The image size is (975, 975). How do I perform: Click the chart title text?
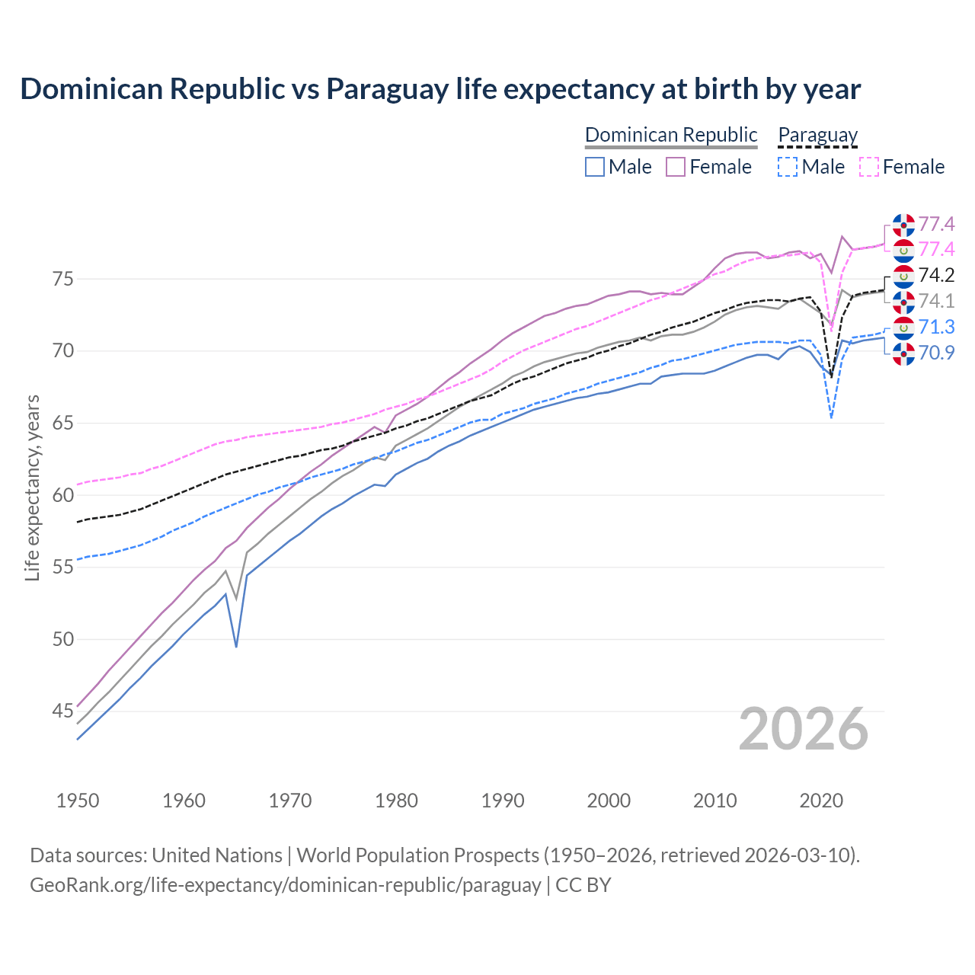point(440,89)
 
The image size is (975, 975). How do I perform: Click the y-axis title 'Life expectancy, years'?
point(32,487)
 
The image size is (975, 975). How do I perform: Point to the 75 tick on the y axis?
point(63,279)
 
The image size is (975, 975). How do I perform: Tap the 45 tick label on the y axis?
point(63,711)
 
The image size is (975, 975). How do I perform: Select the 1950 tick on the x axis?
point(78,801)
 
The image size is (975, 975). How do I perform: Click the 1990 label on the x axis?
point(503,801)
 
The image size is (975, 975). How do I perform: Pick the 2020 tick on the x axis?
point(821,801)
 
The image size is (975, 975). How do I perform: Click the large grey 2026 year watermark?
point(803,730)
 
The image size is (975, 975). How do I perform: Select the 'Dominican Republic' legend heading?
point(670,135)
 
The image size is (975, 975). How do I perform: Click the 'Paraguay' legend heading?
point(817,135)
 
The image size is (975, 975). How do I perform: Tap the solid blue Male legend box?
point(595,167)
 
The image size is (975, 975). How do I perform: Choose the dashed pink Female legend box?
point(868,167)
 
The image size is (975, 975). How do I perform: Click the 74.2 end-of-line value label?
point(936,275)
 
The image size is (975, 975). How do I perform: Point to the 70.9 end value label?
point(936,353)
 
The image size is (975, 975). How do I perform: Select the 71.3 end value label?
point(936,327)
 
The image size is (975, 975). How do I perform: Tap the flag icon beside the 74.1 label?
point(903,302)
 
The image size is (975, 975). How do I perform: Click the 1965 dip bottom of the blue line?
point(236,646)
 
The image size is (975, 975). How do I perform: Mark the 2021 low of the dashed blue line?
point(831,417)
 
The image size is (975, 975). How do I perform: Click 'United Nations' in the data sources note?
point(217,855)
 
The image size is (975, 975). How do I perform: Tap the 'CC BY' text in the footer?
point(583,885)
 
